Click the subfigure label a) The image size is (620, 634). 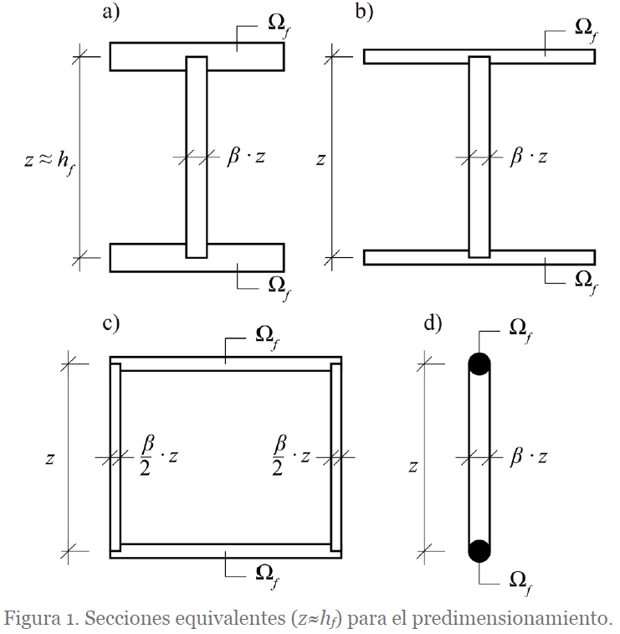110,12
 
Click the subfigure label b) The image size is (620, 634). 364,12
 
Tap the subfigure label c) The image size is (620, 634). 110,324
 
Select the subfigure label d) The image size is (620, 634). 433,324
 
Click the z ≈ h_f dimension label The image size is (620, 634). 49,161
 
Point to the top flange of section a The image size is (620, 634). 197,57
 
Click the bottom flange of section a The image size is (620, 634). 197,258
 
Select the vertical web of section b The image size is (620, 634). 479,157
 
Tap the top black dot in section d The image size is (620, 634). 479,363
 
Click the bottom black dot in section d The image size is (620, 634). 479,551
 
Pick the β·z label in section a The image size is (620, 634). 246,157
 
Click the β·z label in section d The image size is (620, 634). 528,457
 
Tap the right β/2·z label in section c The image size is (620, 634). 291,456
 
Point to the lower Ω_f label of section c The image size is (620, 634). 267,575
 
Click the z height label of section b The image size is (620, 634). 320,160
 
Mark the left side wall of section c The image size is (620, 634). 115,457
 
